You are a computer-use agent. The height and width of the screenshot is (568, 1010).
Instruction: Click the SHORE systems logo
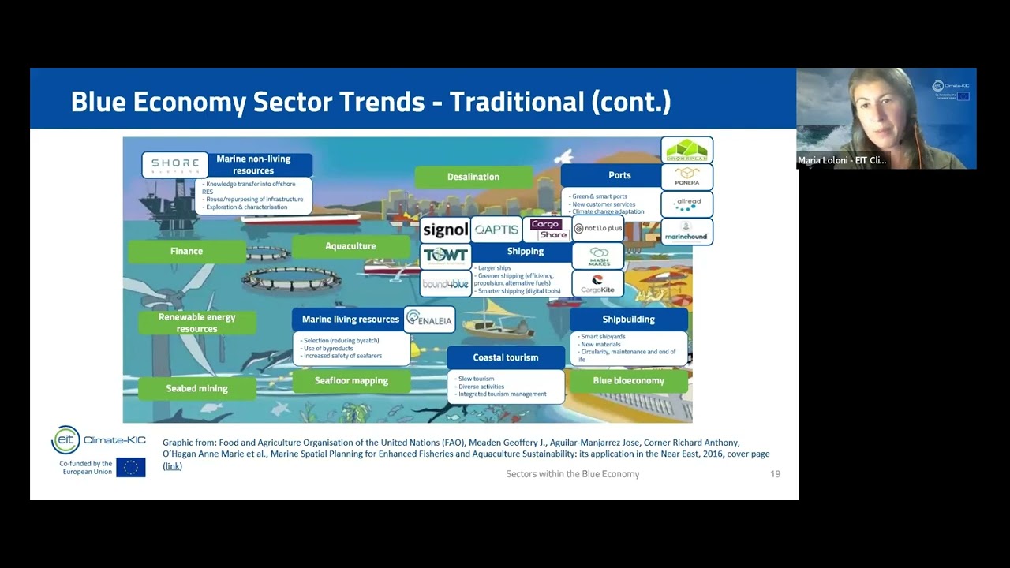pos(175,165)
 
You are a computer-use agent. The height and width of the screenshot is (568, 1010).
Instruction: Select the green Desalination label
pos(473,177)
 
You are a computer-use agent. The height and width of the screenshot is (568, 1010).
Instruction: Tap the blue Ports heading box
pos(619,175)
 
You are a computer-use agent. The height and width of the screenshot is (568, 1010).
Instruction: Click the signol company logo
pos(445,230)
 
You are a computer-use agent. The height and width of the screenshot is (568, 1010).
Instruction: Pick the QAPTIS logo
pos(496,230)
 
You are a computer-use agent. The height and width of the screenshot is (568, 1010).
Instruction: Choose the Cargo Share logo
pos(548,230)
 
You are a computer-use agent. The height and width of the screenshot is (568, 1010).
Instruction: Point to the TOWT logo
pos(445,256)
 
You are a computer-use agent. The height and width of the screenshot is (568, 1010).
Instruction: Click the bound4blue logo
pos(445,283)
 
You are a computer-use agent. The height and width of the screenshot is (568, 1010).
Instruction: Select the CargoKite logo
pos(597,284)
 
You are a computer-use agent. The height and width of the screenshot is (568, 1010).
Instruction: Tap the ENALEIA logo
pos(429,319)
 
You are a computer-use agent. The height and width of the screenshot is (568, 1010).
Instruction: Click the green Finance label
pos(186,251)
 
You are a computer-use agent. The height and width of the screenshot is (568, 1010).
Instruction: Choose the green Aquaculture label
pos(350,246)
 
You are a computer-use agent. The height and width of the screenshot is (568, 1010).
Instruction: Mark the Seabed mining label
pos(196,388)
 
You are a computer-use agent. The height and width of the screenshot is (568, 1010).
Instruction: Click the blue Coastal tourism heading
pos(506,357)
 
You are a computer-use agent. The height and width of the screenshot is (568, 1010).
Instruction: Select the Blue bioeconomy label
pos(628,380)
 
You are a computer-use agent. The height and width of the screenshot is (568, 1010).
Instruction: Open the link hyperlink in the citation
pos(172,466)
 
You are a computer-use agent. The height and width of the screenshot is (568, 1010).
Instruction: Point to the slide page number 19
pos(775,474)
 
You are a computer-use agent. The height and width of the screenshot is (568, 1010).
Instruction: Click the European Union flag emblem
pos(130,467)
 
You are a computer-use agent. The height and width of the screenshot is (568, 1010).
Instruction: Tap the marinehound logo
pos(686,231)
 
